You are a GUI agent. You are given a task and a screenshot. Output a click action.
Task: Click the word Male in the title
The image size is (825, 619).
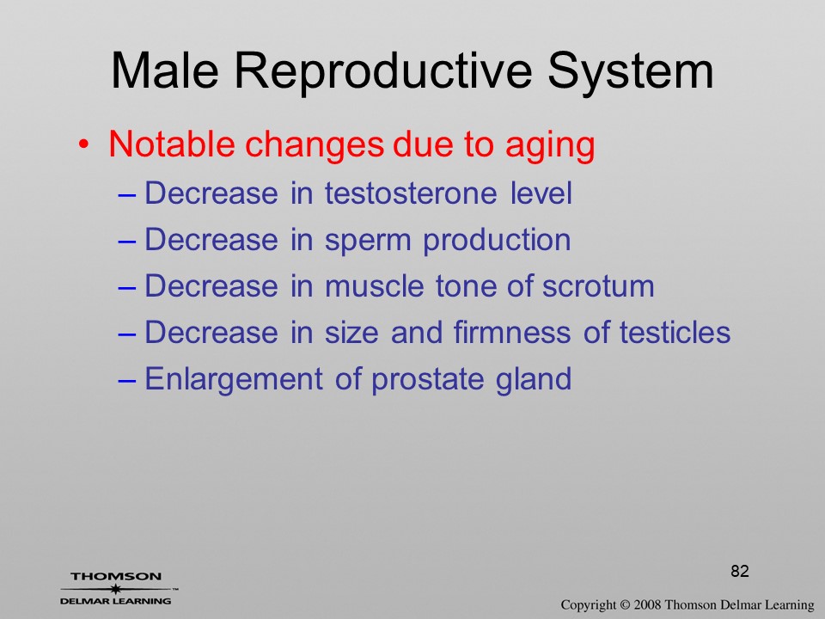pos(165,70)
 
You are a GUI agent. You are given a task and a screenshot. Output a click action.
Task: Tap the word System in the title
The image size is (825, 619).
pos(630,74)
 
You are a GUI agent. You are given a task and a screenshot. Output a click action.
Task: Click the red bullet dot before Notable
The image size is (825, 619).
pos(83,144)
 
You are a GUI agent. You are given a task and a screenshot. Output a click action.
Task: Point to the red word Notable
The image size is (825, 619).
pos(172,144)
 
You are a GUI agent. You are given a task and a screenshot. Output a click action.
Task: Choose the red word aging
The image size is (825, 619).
pos(550,146)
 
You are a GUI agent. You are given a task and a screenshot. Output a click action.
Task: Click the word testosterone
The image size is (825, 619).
pos(411,193)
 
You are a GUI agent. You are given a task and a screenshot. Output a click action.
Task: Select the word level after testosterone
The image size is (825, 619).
pos(541,193)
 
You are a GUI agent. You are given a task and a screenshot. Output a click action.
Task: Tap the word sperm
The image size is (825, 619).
pos(367,242)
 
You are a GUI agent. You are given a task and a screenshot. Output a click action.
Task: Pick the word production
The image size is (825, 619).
pos(497,241)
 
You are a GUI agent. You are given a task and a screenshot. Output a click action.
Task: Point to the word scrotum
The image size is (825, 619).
pos(598,287)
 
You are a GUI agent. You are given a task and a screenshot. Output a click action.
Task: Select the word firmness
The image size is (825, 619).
pos(511,332)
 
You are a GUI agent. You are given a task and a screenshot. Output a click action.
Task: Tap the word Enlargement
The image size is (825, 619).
pos(234,380)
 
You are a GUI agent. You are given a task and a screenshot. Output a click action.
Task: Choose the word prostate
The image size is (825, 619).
pos(427,380)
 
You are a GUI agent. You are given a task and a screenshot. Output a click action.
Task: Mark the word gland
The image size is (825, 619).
pos(533,380)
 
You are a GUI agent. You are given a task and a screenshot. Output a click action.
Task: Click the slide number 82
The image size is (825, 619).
pos(740,571)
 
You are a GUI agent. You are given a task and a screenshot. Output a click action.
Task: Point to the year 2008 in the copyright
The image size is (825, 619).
pos(646,604)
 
